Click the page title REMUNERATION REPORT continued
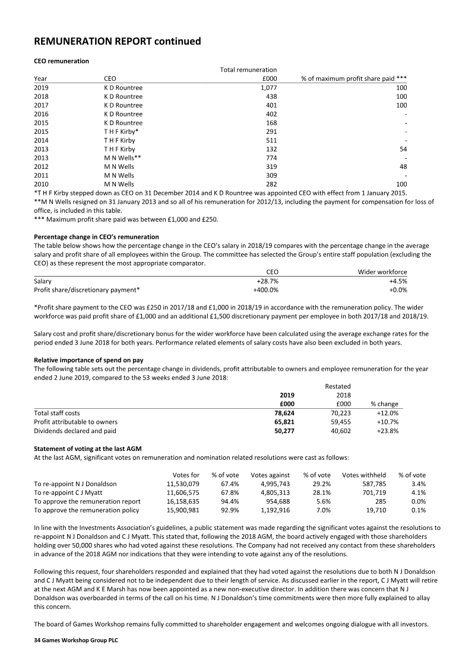118,41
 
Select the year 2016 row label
41,113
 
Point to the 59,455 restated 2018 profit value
340,421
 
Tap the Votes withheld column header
364,475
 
